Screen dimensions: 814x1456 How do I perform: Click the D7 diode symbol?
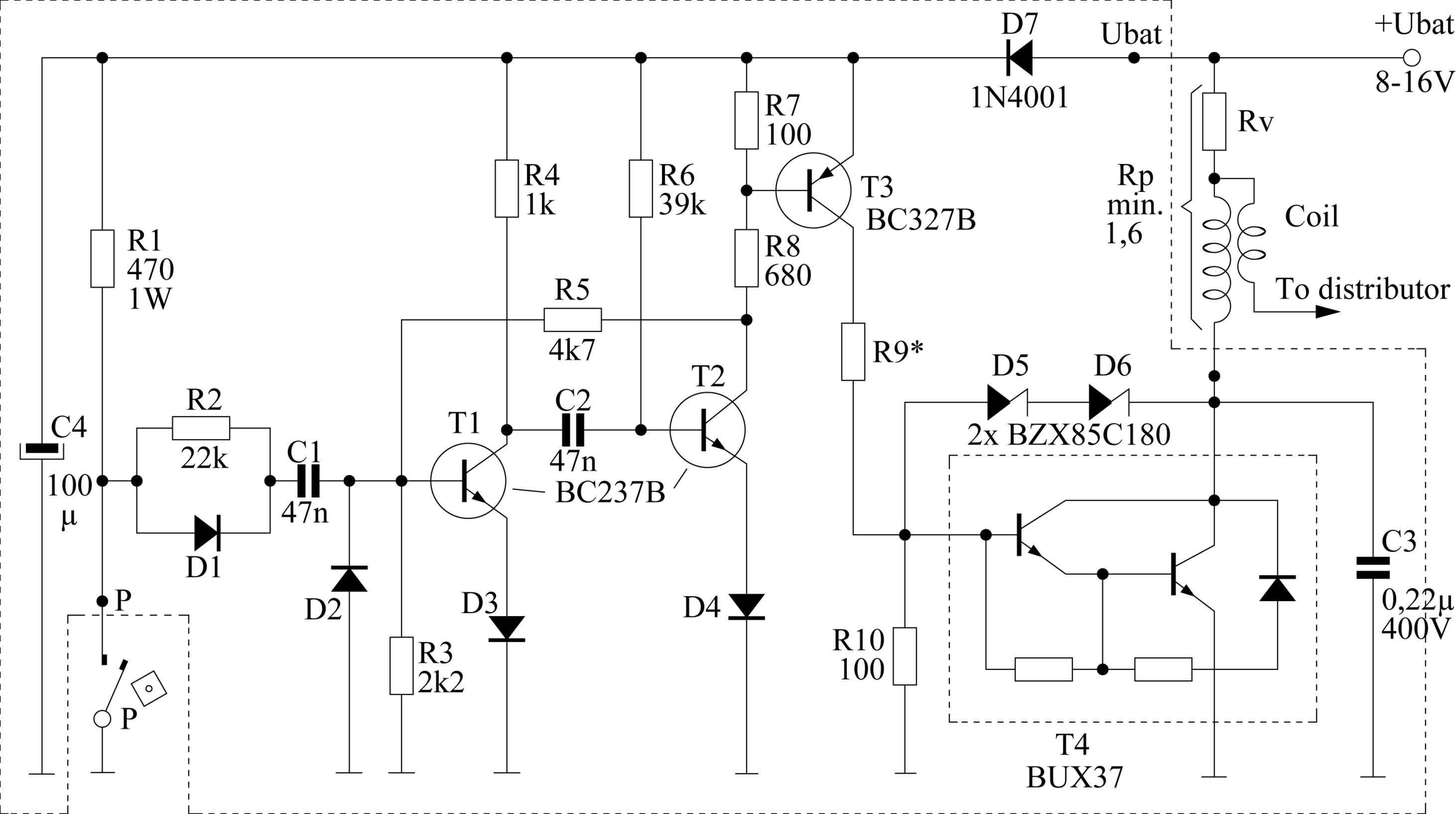pos(1020,58)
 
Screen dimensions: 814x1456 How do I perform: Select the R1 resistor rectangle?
pos(102,258)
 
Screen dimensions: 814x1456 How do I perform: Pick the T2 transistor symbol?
pos(708,430)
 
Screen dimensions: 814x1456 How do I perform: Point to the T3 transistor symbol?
pos(813,190)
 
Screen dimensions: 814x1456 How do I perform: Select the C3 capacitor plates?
pos(1373,568)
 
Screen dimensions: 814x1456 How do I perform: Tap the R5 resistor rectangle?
pos(572,320)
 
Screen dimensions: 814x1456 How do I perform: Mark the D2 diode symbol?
pos(349,578)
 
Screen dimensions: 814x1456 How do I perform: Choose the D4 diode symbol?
pos(746,607)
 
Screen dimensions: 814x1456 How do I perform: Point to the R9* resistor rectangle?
pos(853,351)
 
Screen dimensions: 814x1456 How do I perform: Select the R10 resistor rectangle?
pos(905,655)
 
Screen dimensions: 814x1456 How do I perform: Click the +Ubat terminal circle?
pos(1412,58)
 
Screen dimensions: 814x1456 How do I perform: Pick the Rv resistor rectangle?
pos(1214,122)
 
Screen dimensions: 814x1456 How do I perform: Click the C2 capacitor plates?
pos(572,430)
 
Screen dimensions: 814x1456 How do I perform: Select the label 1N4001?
pos(1020,97)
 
